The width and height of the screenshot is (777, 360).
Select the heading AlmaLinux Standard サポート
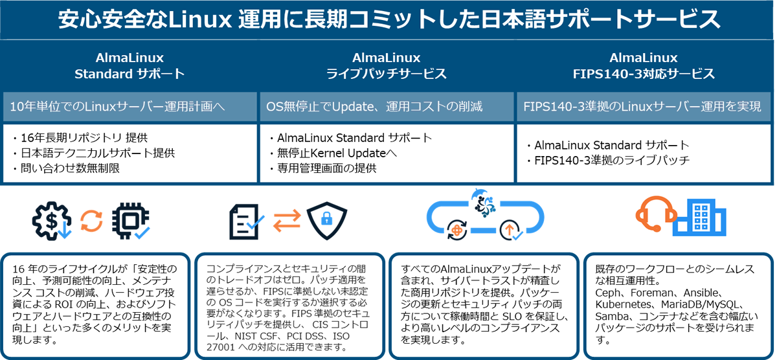click(129, 66)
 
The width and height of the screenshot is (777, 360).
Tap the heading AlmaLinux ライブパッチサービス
click(387, 66)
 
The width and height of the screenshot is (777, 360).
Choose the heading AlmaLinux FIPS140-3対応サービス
click(644, 66)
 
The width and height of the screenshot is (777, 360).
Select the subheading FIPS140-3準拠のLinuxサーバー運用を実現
click(642, 106)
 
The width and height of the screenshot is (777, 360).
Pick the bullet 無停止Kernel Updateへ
click(337, 153)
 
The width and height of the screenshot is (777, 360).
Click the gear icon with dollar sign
click(52, 221)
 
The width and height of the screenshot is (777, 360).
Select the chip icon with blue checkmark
click(129, 221)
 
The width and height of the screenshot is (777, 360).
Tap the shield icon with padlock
click(327, 221)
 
